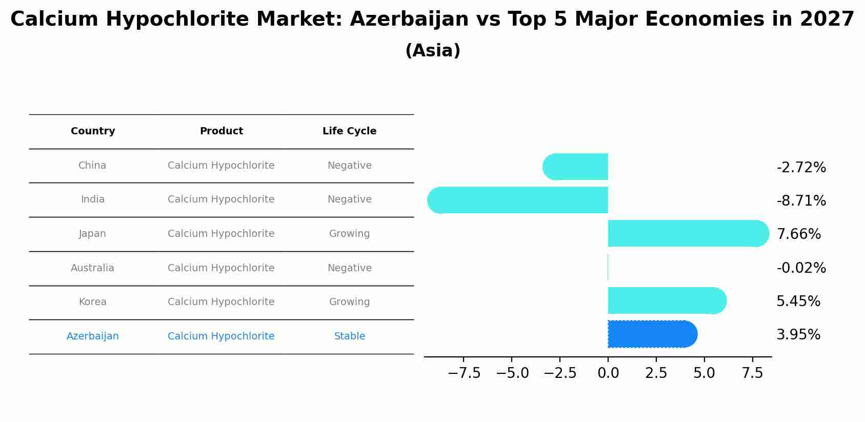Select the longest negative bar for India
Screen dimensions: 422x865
coord(518,200)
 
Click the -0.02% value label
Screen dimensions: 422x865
coord(801,268)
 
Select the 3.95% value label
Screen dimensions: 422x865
coord(798,335)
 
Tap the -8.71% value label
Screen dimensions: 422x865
coord(801,200)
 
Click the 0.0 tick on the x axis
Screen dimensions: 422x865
coord(608,373)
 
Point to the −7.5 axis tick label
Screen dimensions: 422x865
coord(464,373)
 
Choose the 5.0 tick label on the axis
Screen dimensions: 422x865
coord(704,373)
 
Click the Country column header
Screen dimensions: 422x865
coord(93,131)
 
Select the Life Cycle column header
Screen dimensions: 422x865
coord(349,131)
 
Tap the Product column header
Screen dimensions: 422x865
coord(221,131)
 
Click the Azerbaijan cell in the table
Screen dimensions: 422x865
coord(93,336)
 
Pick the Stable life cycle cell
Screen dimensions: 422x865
coord(349,336)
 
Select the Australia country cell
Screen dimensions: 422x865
coord(93,268)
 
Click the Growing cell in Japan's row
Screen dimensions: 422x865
coord(349,234)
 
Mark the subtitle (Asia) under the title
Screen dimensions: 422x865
coord(432,51)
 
